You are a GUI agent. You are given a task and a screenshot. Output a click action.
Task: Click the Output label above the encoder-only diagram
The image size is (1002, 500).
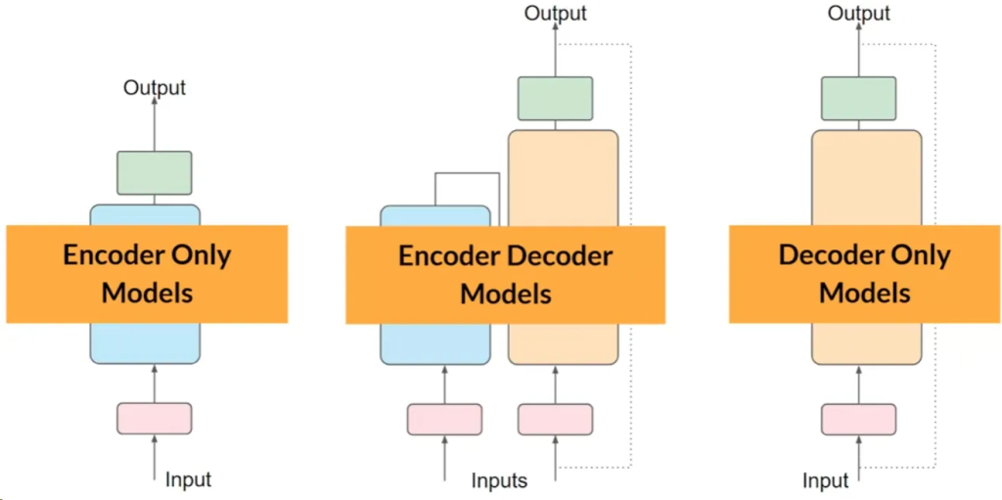tap(155, 88)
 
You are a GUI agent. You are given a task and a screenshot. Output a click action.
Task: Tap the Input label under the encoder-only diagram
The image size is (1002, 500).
tap(188, 479)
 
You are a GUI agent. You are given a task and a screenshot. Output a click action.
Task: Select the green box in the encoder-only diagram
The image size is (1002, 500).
tap(155, 172)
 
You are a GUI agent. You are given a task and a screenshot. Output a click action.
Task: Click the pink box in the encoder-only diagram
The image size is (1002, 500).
tap(155, 418)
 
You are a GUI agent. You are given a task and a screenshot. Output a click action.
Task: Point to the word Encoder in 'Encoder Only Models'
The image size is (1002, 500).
tap(107, 255)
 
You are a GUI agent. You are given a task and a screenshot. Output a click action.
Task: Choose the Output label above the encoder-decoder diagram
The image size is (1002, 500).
tap(556, 13)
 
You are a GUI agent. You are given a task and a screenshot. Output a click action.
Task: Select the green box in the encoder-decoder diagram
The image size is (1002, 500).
tap(555, 98)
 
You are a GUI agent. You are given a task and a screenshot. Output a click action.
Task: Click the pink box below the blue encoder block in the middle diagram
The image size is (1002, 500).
tap(444, 419)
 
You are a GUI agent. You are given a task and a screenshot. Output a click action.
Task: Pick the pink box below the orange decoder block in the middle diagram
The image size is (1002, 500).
tap(555, 419)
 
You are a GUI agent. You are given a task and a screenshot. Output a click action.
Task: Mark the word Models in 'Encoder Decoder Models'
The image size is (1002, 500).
tap(506, 294)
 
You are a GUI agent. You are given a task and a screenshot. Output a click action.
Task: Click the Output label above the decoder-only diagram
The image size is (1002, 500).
tap(859, 13)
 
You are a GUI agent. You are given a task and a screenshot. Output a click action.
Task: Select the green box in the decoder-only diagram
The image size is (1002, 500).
tap(859, 98)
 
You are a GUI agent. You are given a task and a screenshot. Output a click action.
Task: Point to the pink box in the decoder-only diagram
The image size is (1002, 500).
tap(859, 419)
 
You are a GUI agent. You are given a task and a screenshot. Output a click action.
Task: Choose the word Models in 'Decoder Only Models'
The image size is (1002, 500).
tap(865, 293)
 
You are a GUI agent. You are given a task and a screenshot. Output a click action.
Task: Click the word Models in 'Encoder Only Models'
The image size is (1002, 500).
tap(148, 293)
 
